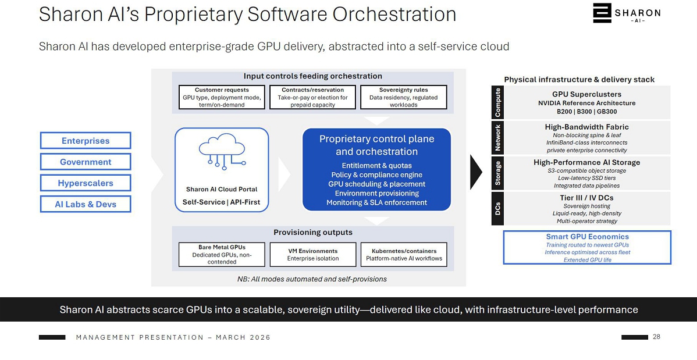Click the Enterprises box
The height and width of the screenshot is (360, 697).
(86, 141)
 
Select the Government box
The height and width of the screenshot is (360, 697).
(86, 162)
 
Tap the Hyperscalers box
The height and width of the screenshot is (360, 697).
(86, 183)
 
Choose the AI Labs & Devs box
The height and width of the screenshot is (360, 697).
(86, 204)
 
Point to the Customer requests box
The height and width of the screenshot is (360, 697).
(222, 97)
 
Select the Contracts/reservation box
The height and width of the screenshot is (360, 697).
(312, 97)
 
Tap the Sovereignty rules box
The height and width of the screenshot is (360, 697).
(404, 97)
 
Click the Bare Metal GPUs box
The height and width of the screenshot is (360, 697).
(222, 255)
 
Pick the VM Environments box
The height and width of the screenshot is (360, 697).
(312, 255)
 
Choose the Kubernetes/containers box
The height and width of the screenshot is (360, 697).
(404, 255)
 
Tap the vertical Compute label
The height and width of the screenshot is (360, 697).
(498, 102)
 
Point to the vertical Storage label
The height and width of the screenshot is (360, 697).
(498, 173)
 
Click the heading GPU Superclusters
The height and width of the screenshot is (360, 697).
(586, 94)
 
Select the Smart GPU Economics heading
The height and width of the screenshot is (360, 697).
(587, 237)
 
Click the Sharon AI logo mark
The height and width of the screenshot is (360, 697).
(602, 13)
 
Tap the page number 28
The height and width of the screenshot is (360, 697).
(656, 337)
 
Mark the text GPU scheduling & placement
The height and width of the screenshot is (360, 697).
(376, 184)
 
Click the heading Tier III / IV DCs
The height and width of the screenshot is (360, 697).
(586, 198)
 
